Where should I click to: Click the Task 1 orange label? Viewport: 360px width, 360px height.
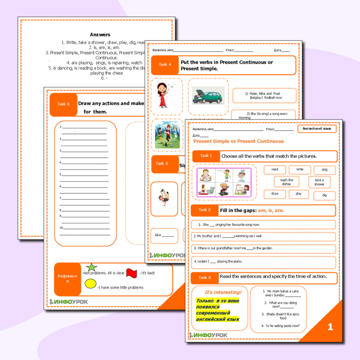206,156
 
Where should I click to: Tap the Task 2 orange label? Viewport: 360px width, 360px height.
205,210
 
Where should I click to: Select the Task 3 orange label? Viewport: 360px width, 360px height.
205,278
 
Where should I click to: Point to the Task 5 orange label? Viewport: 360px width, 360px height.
162,164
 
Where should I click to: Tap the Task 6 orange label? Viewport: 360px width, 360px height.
63,104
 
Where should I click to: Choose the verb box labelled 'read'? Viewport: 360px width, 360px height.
275,169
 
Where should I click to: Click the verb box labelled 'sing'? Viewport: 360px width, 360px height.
325,169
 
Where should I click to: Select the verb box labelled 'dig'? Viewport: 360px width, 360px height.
325,194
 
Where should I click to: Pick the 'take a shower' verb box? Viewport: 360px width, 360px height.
319,182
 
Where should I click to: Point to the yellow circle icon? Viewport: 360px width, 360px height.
91,283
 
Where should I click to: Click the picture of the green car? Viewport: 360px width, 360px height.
206,96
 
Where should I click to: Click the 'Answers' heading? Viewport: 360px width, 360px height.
100,34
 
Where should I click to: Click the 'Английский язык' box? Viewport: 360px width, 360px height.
317,128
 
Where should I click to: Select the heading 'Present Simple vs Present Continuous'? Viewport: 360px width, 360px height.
238,141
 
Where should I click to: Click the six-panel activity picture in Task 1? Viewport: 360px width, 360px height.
224,182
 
